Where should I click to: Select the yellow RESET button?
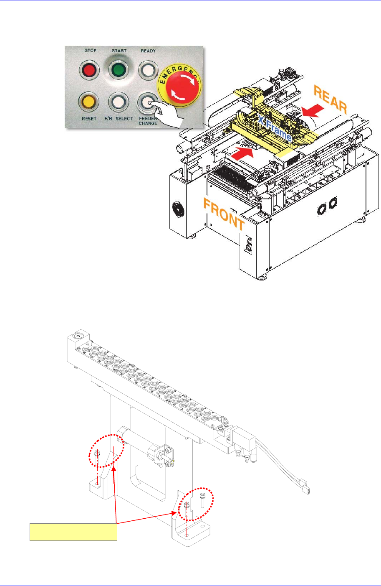pyautogui.click(x=89, y=101)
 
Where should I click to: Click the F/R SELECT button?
pyautogui.click(x=118, y=101)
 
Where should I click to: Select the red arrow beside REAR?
pyautogui.click(x=312, y=111)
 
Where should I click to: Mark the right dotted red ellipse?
pyautogui.click(x=196, y=503)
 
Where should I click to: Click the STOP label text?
pyautogui.click(x=90, y=51)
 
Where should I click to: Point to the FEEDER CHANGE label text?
pyautogui.click(x=148, y=121)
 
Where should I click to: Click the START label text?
pyautogui.click(x=119, y=51)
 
